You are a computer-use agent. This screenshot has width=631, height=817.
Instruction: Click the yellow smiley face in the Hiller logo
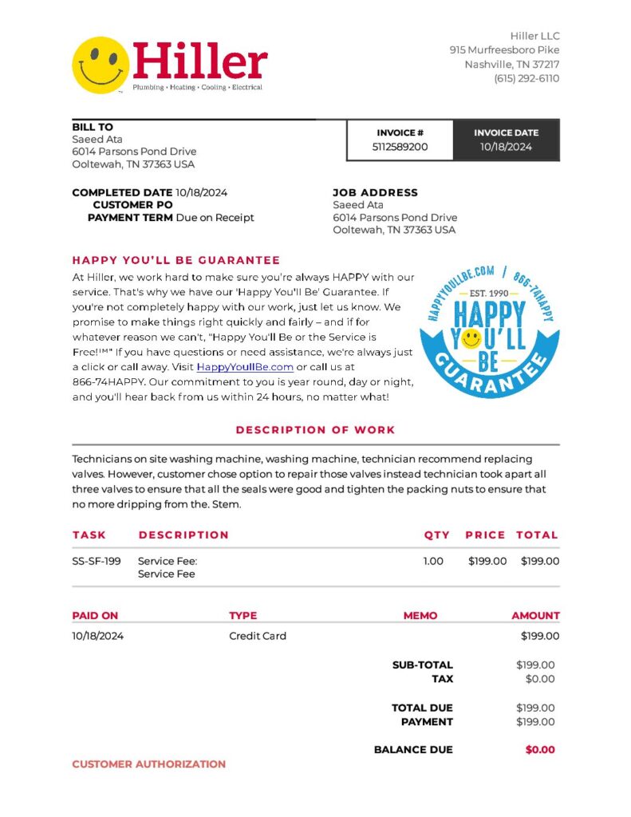101,65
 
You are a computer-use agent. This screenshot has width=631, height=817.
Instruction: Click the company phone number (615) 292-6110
526,78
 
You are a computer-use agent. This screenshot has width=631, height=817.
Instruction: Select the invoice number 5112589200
400,147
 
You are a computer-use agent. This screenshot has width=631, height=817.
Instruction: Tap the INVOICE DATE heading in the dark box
506,132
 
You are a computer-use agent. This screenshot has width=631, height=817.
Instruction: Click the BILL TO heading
93,127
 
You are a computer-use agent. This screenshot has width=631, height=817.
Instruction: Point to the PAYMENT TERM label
130,217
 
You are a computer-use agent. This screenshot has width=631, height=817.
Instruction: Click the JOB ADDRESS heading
375,192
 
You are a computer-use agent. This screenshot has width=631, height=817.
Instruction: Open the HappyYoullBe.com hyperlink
245,367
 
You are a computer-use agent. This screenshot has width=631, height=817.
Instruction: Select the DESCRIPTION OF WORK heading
315,430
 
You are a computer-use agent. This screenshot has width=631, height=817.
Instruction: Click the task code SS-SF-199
97,561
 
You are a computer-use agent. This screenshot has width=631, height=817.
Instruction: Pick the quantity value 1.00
432,561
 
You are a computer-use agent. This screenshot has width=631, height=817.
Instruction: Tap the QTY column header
436,535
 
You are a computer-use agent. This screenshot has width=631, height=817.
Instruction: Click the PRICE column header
485,535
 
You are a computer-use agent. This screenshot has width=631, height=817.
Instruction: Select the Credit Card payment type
257,636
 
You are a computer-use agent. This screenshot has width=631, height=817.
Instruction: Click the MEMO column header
420,615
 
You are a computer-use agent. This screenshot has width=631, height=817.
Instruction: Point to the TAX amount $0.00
540,679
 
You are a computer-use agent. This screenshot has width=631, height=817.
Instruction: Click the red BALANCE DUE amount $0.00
540,749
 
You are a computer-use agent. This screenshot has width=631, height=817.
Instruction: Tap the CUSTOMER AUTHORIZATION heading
149,764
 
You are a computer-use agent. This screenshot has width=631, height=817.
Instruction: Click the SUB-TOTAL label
422,665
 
